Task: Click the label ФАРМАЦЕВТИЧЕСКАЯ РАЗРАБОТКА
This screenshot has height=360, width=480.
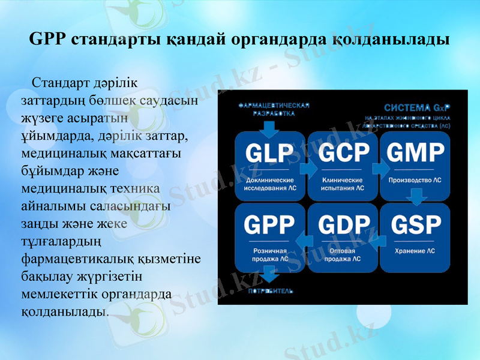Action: tap(274, 109)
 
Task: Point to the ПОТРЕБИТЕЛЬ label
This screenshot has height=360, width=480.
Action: tap(270, 291)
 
